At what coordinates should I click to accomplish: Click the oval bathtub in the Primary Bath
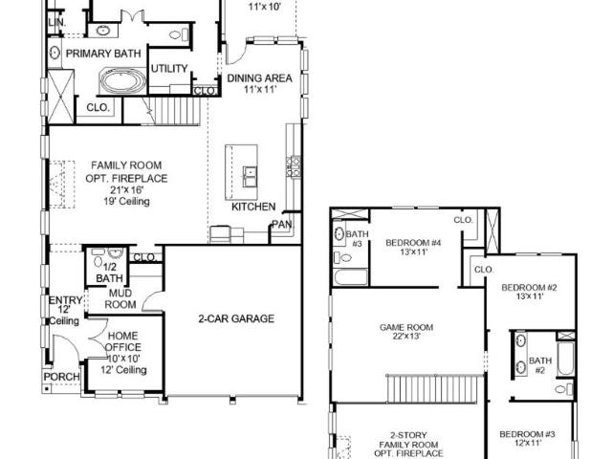point(123,81)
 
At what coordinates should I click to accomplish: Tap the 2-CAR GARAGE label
point(236,318)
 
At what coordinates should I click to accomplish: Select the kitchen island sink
point(250,177)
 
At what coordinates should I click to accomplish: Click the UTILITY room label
point(169,69)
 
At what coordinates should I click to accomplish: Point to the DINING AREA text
point(259,78)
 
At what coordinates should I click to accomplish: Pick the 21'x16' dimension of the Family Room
point(126,190)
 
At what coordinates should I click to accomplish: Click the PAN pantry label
point(282,225)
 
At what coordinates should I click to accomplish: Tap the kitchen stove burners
point(294,166)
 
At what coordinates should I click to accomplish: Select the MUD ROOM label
point(120,298)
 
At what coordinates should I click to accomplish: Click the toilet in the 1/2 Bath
point(98,261)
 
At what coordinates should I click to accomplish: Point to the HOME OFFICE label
point(123,341)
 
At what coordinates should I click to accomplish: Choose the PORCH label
point(61,377)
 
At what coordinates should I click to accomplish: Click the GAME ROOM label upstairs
point(406,327)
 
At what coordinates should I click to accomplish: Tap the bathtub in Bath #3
point(351,277)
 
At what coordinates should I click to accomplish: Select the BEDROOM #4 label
point(413,243)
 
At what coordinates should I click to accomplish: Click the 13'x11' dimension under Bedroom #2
point(529,296)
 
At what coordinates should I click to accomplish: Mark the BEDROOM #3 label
point(527,434)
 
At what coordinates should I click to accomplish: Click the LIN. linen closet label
point(57,23)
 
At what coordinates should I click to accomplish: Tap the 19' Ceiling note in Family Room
point(126,202)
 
